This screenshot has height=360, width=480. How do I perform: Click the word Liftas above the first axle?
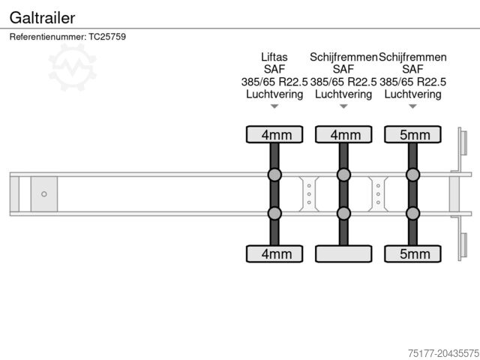pyautogui.click(x=274, y=56)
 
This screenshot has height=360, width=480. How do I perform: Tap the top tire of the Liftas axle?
pyautogui.click(x=274, y=134)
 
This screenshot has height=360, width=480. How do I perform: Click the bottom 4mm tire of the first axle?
pyautogui.click(x=274, y=253)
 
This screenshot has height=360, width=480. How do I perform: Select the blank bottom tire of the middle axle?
pyautogui.click(x=343, y=253)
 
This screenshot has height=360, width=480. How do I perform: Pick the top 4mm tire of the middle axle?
pyautogui.click(x=343, y=134)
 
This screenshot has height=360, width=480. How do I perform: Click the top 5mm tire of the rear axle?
pyautogui.click(x=412, y=134)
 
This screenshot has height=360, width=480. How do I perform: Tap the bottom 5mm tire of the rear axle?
pyautogui.click(x=412, y=253)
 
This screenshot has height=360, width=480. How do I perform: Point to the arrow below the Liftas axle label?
pyautogui.click(x=274, y=106)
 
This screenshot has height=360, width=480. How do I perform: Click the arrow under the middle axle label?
pyautogui.click(x=343, y=106)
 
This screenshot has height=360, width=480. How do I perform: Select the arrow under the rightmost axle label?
pyautogui.click(x=412, y=106)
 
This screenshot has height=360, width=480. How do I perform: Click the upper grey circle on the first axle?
pyautogui.click(x=274, y=175)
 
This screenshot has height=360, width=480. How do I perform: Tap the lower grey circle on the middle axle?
pyautogui.click(x=343, y=213)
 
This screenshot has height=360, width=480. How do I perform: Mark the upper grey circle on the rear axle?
pyautogui.click(x=412, y=175)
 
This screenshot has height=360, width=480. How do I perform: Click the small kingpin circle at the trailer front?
pyautogui.click(x=44, y=194)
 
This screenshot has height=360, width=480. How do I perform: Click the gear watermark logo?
pyautogui.click(x=72, y=66)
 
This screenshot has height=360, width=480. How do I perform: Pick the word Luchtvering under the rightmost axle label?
pyautogui.click(x=412, y=94)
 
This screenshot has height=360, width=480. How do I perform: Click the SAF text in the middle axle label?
pyautogui.click(x=343, y=69)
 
